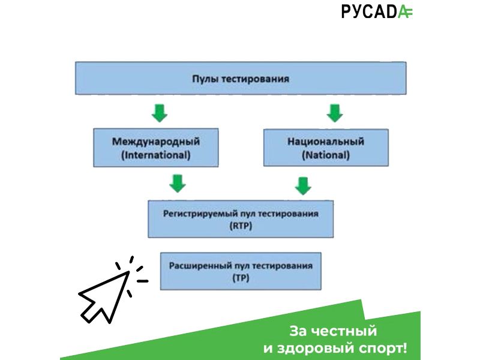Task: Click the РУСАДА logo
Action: tap(377, 11)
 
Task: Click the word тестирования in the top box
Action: tap(256, 79)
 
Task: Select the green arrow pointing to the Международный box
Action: tap(160, 113)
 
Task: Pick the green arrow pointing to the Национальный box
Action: tap(335, 113)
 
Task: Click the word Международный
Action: tap(156, 142)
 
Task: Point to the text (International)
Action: tap(156, 155)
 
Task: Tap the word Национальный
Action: tap(326, 142)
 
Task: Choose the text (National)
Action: tap(326, 155)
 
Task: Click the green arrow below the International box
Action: tap(178, 184)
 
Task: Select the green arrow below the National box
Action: tap(303, 186)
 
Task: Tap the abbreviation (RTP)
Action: tap(241, 226)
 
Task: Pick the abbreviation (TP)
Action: tap(241, 278)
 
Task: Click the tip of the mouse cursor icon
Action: tap(129, 272)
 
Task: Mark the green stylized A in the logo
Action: tap(406, 12)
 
